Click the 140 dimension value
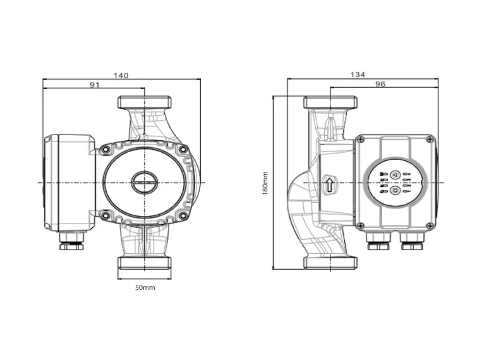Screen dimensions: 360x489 [x=121, y=75]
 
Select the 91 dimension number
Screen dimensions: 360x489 [x=95, y=85]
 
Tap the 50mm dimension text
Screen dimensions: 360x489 [x=145, y=287]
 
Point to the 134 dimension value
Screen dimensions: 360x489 [x=358, y=75]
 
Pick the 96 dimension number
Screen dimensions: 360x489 [x=380, y=84]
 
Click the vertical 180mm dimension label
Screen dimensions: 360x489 [x=265, y=183]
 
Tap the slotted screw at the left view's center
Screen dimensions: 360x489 [x=145, y=182]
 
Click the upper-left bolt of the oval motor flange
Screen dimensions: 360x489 [x=105, y=150]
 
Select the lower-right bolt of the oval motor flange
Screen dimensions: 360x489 [x=184, y=216]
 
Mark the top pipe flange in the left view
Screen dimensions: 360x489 [x=145, y=102]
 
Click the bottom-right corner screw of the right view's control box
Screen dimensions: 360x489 [x=431, y=225]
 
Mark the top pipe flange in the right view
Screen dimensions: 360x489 [x=331, y=102]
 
